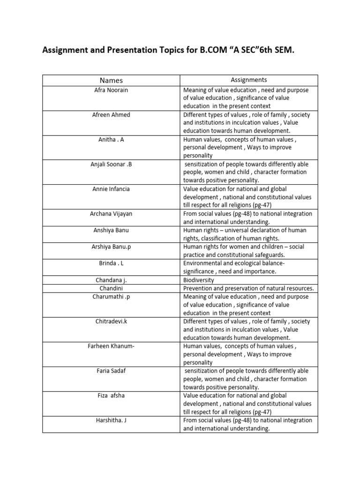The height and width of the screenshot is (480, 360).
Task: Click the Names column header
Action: (x=111, y=81)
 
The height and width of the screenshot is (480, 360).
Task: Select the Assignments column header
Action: (x=249, y=80)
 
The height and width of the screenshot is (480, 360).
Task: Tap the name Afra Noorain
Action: (x=111, y=90)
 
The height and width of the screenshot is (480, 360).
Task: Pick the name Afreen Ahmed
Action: (x=111, y=115)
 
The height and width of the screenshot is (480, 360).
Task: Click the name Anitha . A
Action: (x=111, y=140)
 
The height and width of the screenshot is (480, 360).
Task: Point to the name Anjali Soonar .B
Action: (x=111, y=165)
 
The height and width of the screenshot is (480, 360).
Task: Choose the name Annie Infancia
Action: (x=111, y=189)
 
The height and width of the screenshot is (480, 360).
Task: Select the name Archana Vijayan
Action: (x=111, y=214)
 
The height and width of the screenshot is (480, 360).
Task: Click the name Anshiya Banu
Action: (x=111, y=230)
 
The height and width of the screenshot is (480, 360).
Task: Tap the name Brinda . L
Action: (x=111, y=263)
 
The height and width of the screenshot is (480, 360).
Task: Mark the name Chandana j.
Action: (x=111, y=280)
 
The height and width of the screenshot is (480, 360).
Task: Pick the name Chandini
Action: (x=111, y=288)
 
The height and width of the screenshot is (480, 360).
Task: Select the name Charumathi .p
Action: (x=111, y=297)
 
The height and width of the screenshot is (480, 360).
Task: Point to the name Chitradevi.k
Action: (x=111, y=322)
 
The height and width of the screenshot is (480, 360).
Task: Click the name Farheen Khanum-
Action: (x=111, y=346)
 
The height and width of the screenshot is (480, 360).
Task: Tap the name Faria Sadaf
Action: (x=111, y=371)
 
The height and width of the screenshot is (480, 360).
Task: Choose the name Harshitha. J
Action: (x=111, y=420)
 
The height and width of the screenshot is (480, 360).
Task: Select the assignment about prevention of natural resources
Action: (x=248, y=288)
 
